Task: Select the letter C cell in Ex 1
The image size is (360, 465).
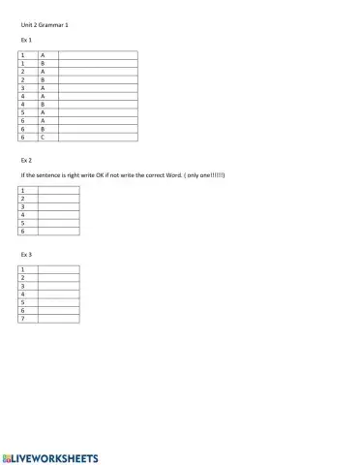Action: coord(44,137)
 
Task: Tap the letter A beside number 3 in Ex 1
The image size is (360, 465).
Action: coord(44,87)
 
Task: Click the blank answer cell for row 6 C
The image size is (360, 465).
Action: coord(97,137)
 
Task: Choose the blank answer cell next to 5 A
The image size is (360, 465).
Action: coord(97,111)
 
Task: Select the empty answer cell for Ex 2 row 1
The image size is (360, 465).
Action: coord(58,191)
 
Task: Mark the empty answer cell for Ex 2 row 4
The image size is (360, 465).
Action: coord(58,215)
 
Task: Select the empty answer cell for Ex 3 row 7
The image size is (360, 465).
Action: coord(58,319)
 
